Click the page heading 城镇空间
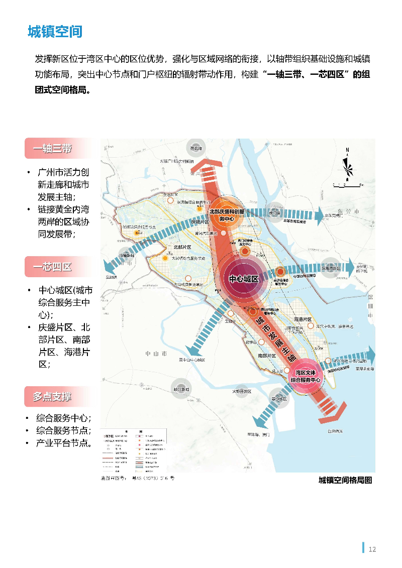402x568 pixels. (x=55, y=32)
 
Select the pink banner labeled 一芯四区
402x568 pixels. (x=53, y=267)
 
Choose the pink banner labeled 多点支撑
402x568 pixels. (x=53, y=397)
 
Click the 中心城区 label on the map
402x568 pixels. (x=244, y=279)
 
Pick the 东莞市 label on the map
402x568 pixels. (x=351, y=212)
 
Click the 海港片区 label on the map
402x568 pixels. (x=303, y=319)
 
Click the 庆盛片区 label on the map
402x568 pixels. (x=200, y=221)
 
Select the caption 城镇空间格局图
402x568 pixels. (x=345, y=480)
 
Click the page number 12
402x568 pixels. (x=372, y=549)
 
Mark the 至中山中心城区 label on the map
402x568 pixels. (x=192, y=360)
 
